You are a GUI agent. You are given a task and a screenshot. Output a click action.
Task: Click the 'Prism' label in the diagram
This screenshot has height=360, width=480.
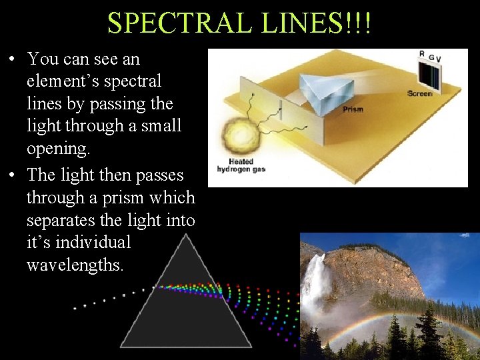pos(353,109)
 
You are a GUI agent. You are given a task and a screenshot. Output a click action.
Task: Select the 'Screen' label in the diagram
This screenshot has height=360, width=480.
pos(420,94)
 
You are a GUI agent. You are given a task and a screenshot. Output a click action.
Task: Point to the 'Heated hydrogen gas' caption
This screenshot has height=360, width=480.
pos(241,165)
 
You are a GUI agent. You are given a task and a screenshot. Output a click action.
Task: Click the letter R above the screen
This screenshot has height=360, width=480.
pos(422,54)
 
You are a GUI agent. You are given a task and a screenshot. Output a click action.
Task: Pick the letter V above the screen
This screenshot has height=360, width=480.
pos(438,59)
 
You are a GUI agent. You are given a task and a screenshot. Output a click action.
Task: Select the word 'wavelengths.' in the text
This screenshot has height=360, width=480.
pos(75,265)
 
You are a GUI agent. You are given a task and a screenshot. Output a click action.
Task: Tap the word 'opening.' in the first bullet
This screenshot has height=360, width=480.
pos(58,148)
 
